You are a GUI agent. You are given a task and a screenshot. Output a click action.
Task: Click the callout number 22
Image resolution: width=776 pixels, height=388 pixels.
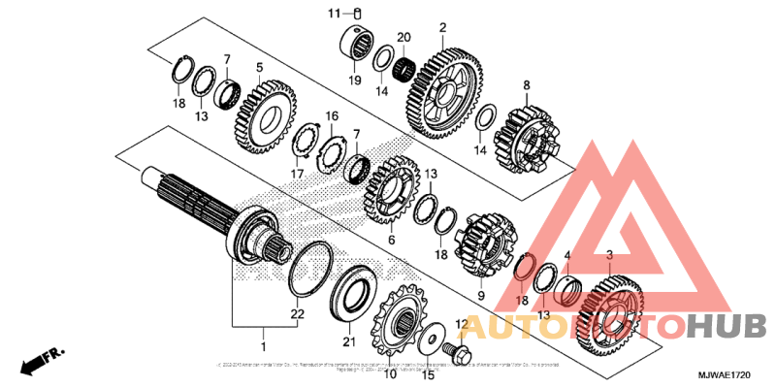[x=297, y=313]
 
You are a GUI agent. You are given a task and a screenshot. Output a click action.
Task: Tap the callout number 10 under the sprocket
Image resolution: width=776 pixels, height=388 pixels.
[x=390, y=372]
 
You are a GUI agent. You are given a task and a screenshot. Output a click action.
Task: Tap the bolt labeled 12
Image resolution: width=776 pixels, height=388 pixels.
[x=452, y=345]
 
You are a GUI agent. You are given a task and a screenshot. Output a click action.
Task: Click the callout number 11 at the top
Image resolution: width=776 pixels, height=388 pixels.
[x=334, y=13]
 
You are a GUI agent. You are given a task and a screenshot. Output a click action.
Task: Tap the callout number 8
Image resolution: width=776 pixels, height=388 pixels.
[x=527, y=86]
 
